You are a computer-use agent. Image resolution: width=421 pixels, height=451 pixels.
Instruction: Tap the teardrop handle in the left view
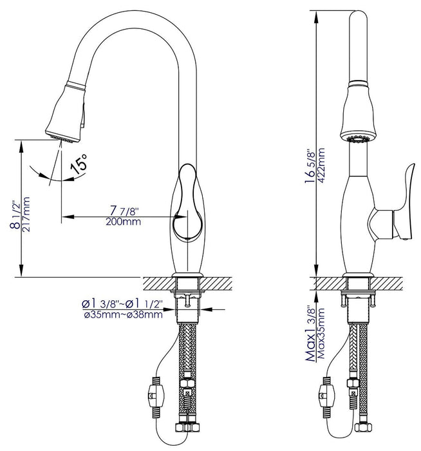click(187, 203)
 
